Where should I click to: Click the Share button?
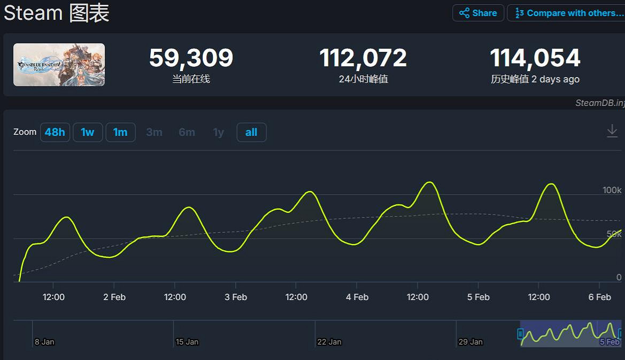[x=478, y=13]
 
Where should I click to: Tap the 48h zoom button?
[x=55, y=132]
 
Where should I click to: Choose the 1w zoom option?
[x=87, y=132]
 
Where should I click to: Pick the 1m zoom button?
[x=120, y=132]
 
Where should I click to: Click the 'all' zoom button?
[x=251, y=132]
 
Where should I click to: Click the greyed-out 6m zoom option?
[x=187, y=132]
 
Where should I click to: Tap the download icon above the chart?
[x=612, y=131]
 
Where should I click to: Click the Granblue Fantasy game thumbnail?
[x=59, y=65]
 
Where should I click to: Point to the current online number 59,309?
[x=191, y=58]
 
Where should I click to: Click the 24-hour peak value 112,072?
[x=363, y=58]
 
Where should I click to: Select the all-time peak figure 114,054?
[x=535, y=58]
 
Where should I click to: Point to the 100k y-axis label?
[x=612, y=190]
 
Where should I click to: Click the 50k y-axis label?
[x=614, y=234]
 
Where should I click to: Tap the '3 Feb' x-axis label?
[x=236, y=297]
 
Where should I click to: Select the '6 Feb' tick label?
[x=599, y=297]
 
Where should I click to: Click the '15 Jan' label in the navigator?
[x=187, y=342]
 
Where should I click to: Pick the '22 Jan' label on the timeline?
[x=329, y=342]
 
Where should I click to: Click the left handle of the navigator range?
[x=520, y=334]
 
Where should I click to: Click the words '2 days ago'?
[x=555, y=79]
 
